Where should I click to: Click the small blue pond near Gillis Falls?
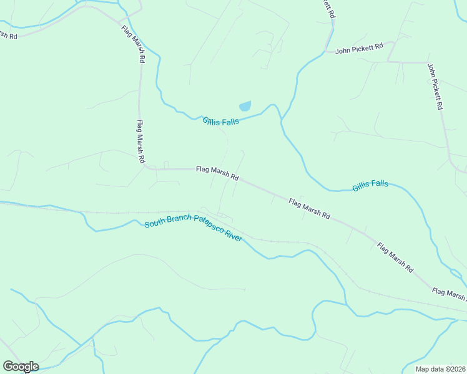(245, 107)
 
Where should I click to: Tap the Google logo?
(21, 367)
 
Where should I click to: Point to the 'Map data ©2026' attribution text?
(440, 369)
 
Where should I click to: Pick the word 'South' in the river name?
(155, 223)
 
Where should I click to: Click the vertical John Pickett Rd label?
(435, 86)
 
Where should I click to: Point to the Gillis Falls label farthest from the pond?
(370, 185)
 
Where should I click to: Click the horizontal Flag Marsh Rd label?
(217, 173)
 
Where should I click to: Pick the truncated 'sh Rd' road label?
(9, 35)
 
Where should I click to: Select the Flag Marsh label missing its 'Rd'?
(448, 294)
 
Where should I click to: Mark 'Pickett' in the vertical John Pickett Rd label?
(436, 89)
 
